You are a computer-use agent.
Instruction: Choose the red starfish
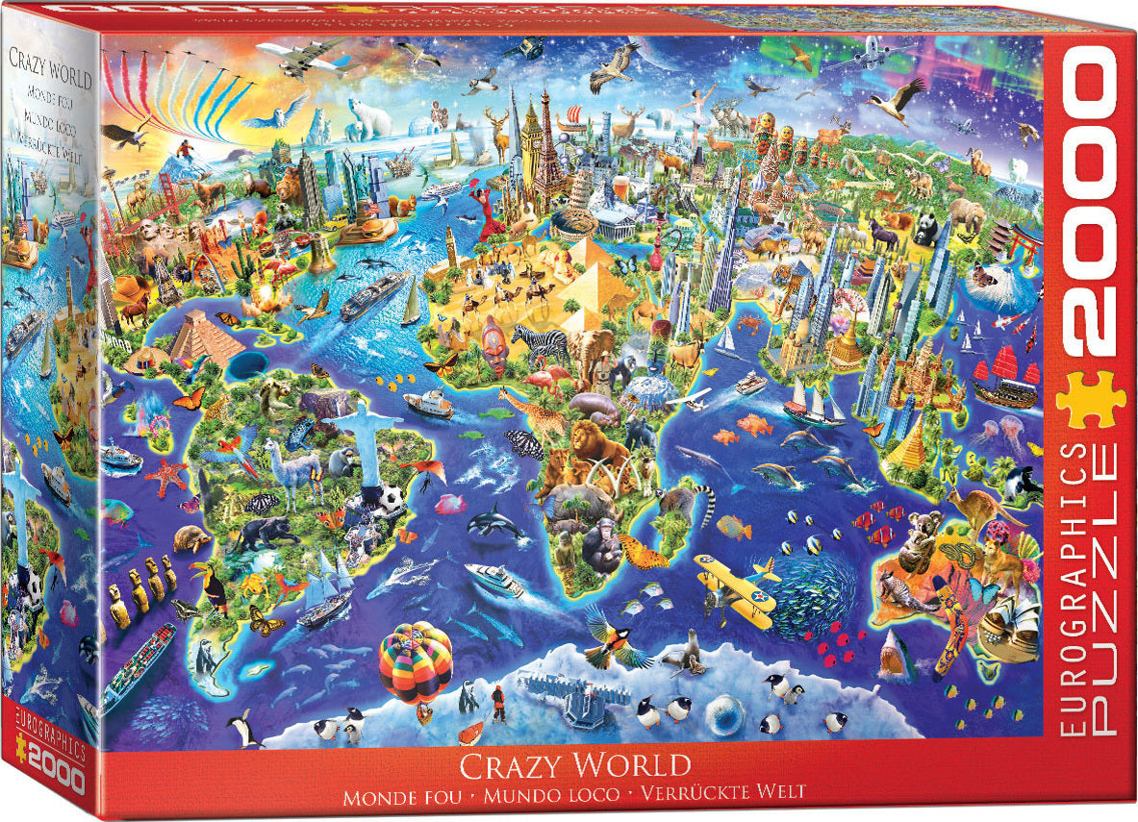168,474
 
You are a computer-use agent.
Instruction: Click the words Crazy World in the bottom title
574,766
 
